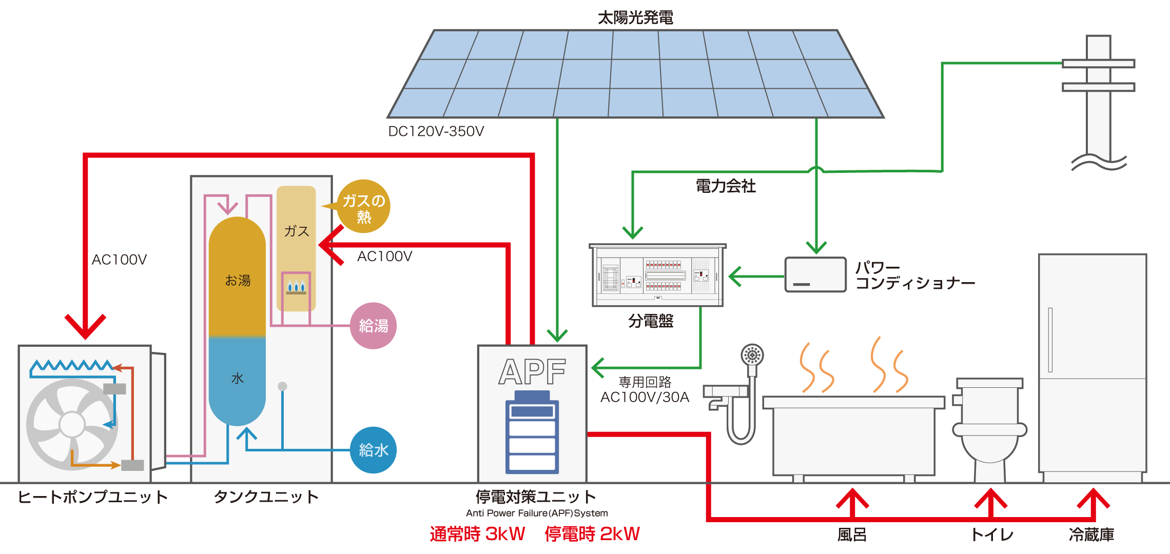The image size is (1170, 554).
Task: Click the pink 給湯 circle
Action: [373, 326]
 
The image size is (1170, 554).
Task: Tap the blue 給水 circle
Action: [373, 450]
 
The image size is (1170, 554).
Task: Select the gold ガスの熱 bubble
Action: [364, 207]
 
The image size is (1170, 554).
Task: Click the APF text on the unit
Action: [532, 372]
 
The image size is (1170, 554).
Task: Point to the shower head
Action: [752, 355]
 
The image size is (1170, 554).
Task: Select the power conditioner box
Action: [815, 275]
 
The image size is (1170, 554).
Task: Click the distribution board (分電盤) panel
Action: [657, 276]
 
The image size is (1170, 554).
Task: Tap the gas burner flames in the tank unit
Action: [296, 287]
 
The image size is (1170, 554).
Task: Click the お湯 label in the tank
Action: [238, 281]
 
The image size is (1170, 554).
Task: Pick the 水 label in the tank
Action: [237, 379]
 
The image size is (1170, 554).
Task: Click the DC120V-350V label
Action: [436, 131]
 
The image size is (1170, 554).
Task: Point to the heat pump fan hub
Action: [72, 424]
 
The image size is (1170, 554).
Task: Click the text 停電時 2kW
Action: [592, 534]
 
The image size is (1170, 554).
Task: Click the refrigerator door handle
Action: [1050, 340]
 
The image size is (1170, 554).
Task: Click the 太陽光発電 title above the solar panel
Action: [635, 17]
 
